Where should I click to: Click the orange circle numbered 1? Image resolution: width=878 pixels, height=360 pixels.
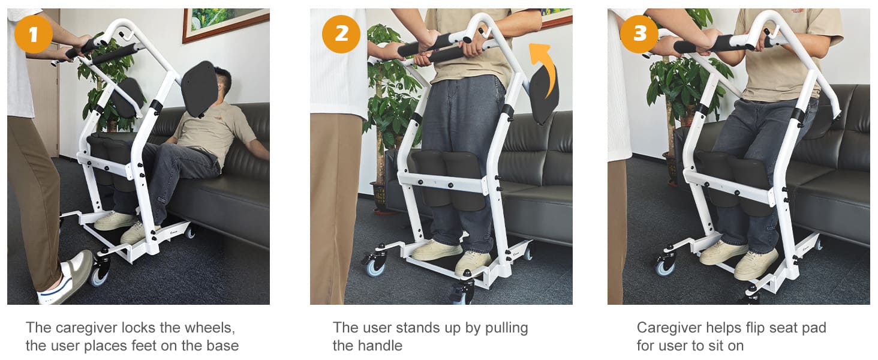[33, 34]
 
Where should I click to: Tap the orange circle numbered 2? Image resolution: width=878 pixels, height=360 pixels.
[341, 34]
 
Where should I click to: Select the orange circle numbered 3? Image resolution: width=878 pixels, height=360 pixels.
[639, 34]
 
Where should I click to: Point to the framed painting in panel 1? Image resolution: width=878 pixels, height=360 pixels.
[225, 24]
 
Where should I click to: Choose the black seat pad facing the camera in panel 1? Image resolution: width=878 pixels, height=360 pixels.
[200, 89]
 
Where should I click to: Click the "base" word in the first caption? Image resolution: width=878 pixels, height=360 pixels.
[223, 346]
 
